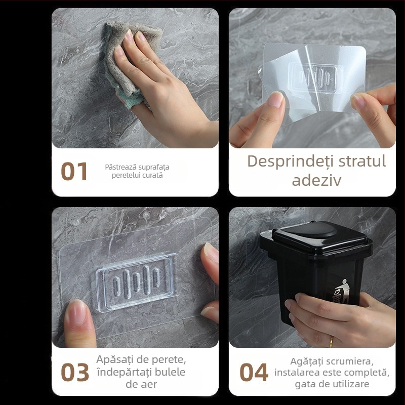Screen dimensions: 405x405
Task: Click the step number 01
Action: [x=74, y=172]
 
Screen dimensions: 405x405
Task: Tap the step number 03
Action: [x=74, y=373]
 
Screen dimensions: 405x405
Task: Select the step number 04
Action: [x=254, y=373]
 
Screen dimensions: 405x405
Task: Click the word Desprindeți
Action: [x=288, y=161]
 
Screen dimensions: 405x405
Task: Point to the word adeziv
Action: [x=316, y=181]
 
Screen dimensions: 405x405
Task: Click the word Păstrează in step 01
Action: [x=119, y=167]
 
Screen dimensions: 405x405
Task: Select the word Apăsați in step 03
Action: [x=115, y=360]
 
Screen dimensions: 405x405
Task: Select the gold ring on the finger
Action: [x=332, y=341]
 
